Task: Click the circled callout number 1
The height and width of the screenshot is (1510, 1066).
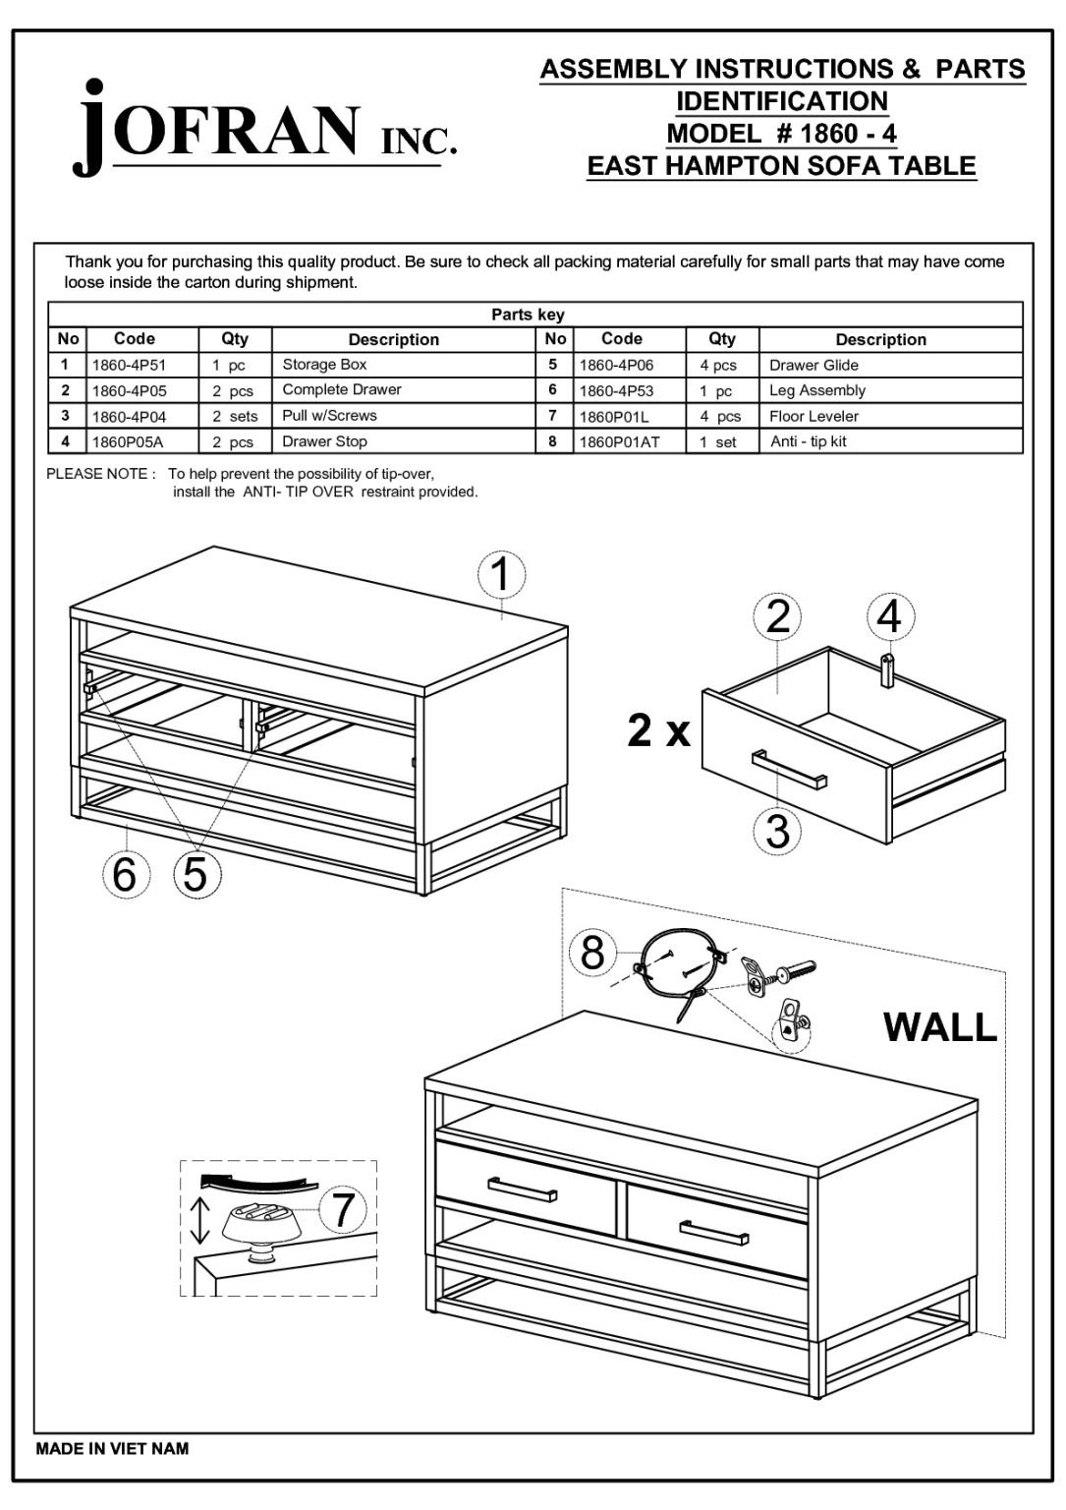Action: [502, 574]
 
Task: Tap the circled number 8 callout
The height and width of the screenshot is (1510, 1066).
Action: [592, 952]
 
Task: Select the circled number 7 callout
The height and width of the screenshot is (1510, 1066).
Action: [342, 1209]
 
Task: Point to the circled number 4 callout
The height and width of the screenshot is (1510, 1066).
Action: [890, 616]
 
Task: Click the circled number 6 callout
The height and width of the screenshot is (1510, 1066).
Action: [125, 874]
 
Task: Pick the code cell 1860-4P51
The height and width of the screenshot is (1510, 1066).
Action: [130, 365]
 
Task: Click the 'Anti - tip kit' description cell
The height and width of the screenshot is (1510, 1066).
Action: [808, 441]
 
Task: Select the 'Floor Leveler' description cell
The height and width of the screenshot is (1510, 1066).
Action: [814, 416]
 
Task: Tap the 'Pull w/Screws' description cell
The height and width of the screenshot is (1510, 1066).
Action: [329, 416]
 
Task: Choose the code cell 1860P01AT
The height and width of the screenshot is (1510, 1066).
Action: [619, 442]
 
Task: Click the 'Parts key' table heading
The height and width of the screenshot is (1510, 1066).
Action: [528, 315]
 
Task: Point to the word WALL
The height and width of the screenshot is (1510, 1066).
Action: [940, 1026]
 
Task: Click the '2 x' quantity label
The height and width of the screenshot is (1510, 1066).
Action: [658, 731]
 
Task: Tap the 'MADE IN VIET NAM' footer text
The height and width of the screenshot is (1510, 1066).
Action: [112, 1448]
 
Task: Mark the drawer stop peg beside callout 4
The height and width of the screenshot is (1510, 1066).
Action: [887, 669]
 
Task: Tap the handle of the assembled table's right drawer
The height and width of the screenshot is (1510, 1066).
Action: [713, 1234]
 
